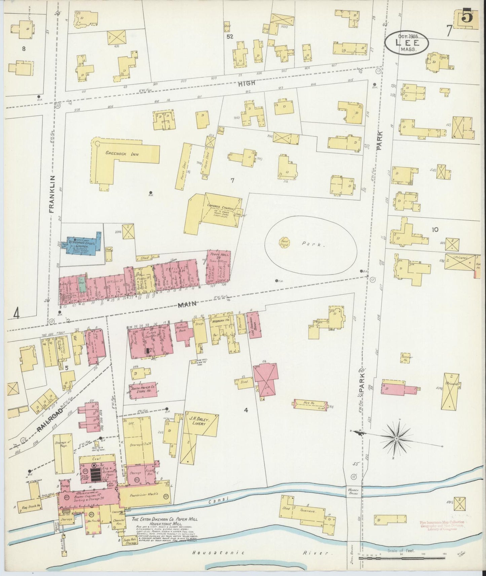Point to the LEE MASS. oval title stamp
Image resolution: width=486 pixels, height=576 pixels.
click(407, 44)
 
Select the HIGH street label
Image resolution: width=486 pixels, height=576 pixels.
click(247, 84)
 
